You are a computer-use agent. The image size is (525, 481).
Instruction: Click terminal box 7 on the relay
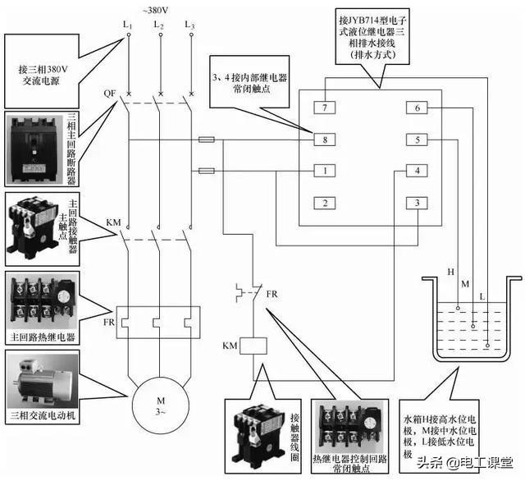[325, 108]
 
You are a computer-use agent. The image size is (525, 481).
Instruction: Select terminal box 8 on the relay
[325, 140]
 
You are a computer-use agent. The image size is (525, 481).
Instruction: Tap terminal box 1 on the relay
[325, 171]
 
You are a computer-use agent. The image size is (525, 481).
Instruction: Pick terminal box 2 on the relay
[325, 203]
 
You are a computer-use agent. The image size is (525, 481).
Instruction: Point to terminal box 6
[417, 108]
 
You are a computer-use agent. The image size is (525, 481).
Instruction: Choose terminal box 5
[417, 140]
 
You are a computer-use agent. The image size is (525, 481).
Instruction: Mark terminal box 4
[417, 171]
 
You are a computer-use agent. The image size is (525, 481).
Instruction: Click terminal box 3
[417, 203]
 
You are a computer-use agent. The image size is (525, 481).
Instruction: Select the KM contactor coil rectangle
[253, 346]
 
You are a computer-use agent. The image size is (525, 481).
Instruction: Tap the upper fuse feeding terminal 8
[207, 140]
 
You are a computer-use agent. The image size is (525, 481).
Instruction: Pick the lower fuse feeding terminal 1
[207, 172]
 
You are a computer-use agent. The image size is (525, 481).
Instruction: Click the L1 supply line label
[128, 25]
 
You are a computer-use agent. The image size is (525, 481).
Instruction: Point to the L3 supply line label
[189, 25]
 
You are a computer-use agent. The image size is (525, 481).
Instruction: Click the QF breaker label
[110, 93]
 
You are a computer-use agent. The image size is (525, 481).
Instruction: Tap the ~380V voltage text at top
[155, 11]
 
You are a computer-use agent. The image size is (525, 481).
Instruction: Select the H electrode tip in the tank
[458, 308]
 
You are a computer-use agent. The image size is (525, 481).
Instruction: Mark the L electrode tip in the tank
[487, 346]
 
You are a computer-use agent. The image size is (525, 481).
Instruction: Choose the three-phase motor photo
[43, 381]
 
